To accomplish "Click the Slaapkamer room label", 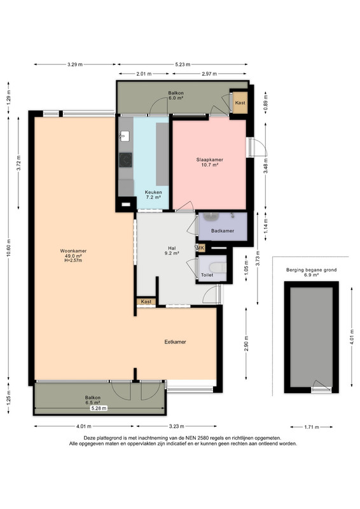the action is coord(209,160).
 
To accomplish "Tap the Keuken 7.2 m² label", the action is coord(153,195).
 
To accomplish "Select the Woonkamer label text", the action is coord(73,251).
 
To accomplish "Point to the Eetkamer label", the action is coord(175,342).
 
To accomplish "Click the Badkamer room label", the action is coord(223,231).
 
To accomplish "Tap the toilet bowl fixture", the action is coord(218,267).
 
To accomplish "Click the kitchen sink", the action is coord(124,136).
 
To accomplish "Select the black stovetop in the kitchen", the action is coord(125,160).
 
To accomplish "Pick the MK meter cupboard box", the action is coord(200,248).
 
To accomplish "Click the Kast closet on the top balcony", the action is coord(240,102).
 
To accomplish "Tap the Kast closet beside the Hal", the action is coord(146,302).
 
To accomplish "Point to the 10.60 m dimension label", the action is coord(8,248).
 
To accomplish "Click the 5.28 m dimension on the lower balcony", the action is coord(99,408).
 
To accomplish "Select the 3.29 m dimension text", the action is coord(75,64).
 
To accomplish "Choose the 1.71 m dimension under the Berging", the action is coord(312,427).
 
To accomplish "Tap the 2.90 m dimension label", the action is coord(246,344).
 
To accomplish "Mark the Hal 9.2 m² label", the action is coord(172,251).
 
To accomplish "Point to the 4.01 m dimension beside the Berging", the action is coord(352,338).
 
